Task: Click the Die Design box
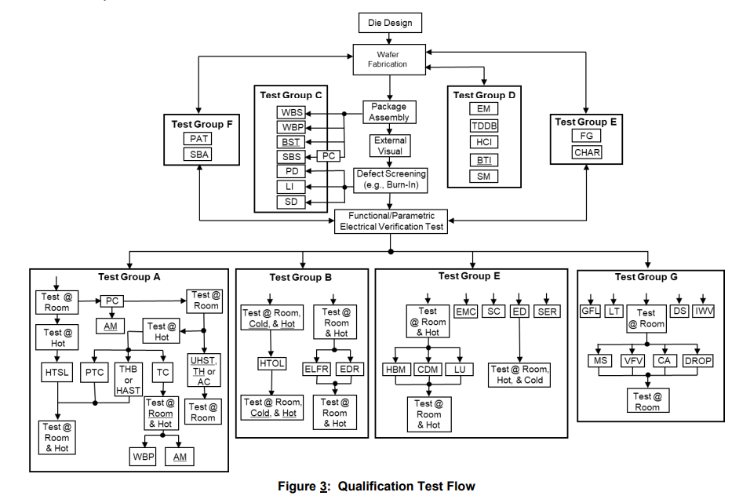pos(390,23)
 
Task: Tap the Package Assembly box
pos(389,112)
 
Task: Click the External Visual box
pos(390,145)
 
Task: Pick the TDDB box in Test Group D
pos(483,126)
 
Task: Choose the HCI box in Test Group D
pos(483,142)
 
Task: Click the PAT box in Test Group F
pos(199,139)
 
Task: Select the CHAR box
pos(586,151)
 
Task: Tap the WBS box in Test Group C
pos(292,112)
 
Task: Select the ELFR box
pos(317,369)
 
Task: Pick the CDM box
pos(429,370)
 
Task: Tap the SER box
pos(547,312)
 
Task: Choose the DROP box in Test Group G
pos(698,360)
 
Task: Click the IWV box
pos(704,312)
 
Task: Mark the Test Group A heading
pos(129,276)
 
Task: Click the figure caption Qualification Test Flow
pos(376,487)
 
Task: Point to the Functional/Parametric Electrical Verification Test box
pos(390,221)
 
